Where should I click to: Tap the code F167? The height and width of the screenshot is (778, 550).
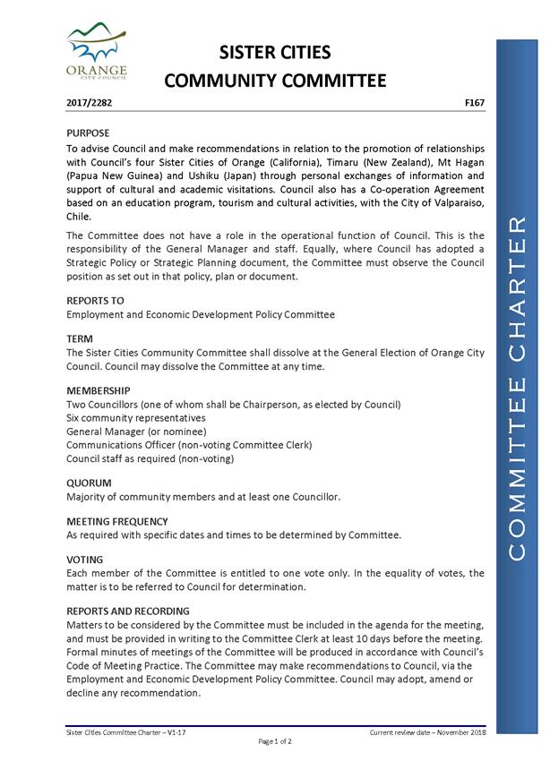[x=475, y=104]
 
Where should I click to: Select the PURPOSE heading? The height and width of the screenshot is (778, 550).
[x=89, y=133]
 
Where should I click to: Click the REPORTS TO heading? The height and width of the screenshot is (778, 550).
[x=95, y=301]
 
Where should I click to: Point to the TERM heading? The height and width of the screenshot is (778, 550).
[x=81, y=339]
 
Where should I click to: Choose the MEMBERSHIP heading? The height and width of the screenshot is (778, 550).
[x=99, y=391]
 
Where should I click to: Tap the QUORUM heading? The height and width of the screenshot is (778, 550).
[x=88, y=483]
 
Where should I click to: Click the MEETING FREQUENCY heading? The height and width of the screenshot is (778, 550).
[x=116, y=521]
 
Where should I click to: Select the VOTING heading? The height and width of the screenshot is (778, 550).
[x=85, y=560]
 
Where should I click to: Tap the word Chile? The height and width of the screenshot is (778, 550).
[x=79, y=218]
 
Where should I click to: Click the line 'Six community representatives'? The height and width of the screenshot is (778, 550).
[x=136, y=418]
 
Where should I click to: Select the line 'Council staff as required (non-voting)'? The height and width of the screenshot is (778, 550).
[x=150, y=458]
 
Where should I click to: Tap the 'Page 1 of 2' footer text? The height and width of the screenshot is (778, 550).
[x=276, y=742]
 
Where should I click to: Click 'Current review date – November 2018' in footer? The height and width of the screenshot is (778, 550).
[x=426, y=732]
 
